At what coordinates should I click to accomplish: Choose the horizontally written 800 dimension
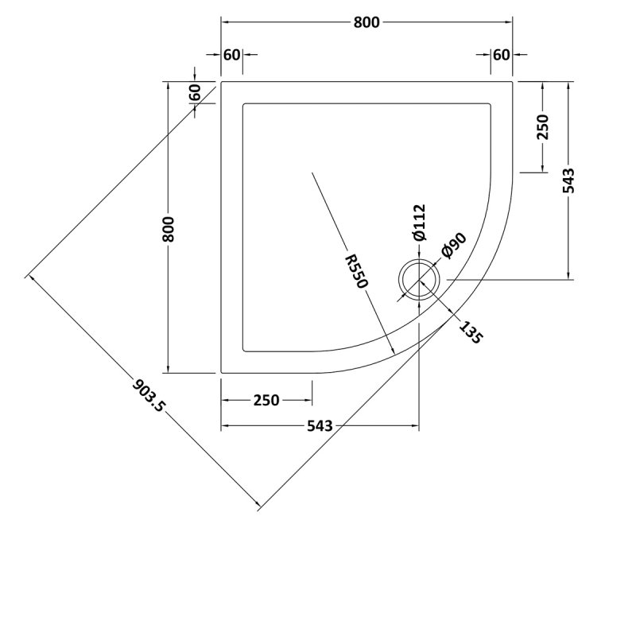click(x=366, y=23)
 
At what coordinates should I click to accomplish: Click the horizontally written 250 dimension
click(x=266, y=400)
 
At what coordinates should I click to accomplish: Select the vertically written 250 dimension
click(x=543, y=127)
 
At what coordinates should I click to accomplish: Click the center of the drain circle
click(x=418, y=279)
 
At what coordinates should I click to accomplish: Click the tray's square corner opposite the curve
click(x=222, y=82)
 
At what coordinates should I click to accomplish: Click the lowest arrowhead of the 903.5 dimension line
click(x=258, y=505)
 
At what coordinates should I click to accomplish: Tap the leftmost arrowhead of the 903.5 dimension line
click(x=29, y=276)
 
